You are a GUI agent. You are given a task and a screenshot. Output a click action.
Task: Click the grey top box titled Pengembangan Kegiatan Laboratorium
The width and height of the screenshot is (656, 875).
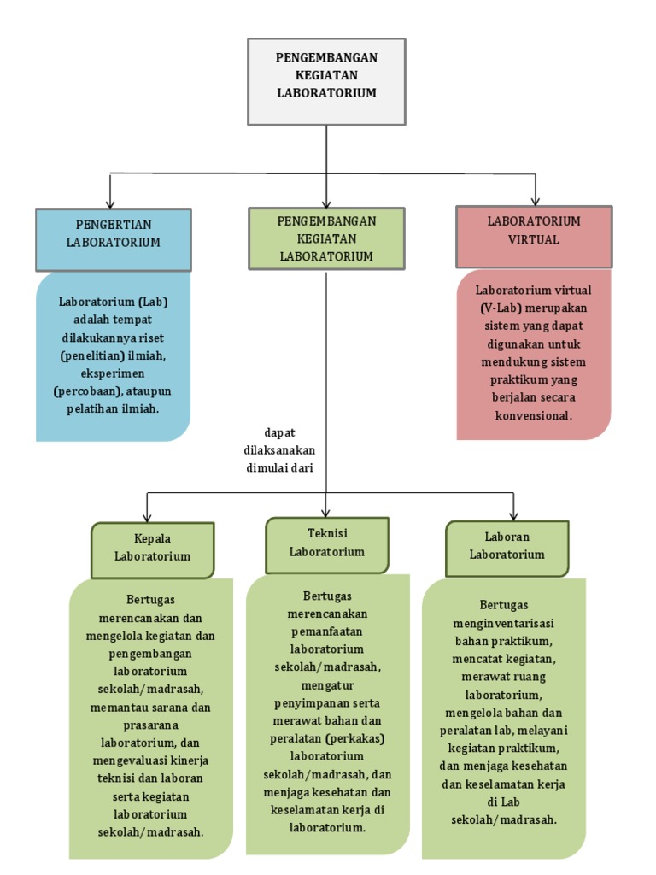pos(326,81)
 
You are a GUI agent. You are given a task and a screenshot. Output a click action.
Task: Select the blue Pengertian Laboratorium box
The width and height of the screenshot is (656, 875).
pos(113,239)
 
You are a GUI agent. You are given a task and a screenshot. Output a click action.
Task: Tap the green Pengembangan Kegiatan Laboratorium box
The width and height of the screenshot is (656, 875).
pos(326,238)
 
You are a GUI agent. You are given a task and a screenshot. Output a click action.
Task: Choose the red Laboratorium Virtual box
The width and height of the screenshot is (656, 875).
pos(534,236)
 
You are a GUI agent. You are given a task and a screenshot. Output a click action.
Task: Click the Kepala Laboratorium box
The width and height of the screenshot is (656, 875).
pos(152,549)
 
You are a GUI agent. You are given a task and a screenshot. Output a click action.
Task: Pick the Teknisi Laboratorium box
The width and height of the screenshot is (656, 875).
pos(326,544)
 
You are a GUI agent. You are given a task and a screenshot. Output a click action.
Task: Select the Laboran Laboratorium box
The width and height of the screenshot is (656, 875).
pos(507,547)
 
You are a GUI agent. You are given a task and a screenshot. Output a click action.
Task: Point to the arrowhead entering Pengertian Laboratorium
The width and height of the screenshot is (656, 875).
pos(111,202)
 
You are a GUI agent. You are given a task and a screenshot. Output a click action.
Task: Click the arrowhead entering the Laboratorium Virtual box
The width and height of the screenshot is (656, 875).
pos(535,199)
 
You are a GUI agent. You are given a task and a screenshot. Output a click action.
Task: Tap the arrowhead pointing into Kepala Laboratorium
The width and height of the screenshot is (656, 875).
pos(147,516)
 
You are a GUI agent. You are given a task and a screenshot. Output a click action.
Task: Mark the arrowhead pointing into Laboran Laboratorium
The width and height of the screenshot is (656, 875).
pos(512,514)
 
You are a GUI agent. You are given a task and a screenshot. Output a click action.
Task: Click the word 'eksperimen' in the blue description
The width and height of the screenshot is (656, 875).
pos(114,373)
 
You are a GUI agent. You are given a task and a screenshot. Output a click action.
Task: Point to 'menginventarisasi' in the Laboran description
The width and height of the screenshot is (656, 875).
pos(503,623)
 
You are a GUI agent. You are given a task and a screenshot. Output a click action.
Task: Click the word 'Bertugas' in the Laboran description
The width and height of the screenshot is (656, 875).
pos(503,605)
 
